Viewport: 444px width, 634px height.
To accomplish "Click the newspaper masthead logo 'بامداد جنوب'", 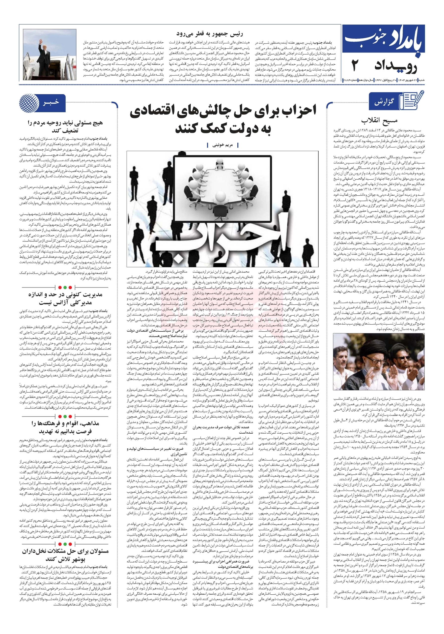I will pyautogui.click(x=383, y=41).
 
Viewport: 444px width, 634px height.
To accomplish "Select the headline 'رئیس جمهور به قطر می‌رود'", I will pyautogui.click(x=210, y=34).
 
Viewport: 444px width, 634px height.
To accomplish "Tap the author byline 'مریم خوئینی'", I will pyautogui.click(x=222, y=145).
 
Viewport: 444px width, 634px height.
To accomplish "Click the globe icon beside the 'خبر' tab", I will pyautogui.click(x=29, y=103).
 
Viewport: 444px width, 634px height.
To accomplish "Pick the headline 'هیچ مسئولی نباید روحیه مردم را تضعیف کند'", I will pyautogui.click(x=65, y=127).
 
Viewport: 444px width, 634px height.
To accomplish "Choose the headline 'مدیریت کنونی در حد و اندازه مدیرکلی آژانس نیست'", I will pyautogui.click(x=65, y=298).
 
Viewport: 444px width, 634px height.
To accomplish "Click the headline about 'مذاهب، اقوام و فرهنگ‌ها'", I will pyautogui.click(x=65, y=427).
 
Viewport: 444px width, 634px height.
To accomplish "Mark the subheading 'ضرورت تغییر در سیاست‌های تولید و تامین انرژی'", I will pyautogui.click(x=157, y=451).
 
